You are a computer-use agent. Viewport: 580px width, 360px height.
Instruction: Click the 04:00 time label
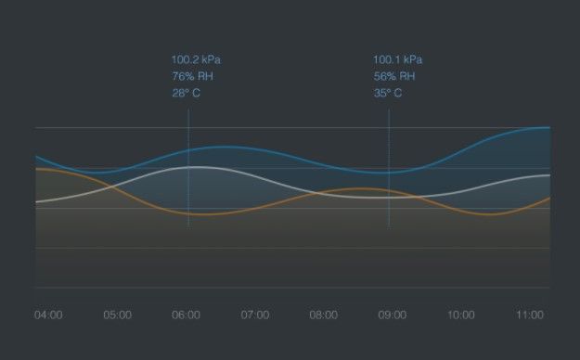point(48,315)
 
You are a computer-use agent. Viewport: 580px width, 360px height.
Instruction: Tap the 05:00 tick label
point(117,315)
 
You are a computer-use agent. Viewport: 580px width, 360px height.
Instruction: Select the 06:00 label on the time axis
point(186,315)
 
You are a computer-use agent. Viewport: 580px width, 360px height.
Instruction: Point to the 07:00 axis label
point(255,315)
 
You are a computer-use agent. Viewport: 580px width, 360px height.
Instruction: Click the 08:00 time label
point(324,315)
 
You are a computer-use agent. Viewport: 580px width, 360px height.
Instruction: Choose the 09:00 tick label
point(393,315)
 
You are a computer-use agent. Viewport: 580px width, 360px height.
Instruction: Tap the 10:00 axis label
point(461,315)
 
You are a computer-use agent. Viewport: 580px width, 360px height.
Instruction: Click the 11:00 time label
point(530,315)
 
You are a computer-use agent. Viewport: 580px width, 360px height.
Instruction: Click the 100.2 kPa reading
point(196,59)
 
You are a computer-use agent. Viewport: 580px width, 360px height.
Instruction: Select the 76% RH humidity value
point(193,76)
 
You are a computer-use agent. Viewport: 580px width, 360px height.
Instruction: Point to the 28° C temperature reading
point(186,93)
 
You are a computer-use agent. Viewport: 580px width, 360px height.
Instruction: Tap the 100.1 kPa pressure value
point(397,59)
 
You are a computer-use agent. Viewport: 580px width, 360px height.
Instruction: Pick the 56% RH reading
point(394,76)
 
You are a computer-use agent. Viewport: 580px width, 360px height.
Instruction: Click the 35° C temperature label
point(388,93)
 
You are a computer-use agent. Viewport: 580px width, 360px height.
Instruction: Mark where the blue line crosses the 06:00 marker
point(188,150)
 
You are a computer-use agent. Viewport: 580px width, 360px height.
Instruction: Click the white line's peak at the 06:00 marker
point(188,167)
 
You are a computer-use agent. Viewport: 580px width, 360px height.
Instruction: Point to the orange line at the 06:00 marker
point(188,213)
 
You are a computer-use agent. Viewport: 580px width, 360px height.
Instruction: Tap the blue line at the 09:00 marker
point(389,173)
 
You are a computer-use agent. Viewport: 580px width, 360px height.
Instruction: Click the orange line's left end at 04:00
point(36,169)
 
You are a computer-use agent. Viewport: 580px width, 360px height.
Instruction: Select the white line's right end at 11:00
point(549,175)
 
